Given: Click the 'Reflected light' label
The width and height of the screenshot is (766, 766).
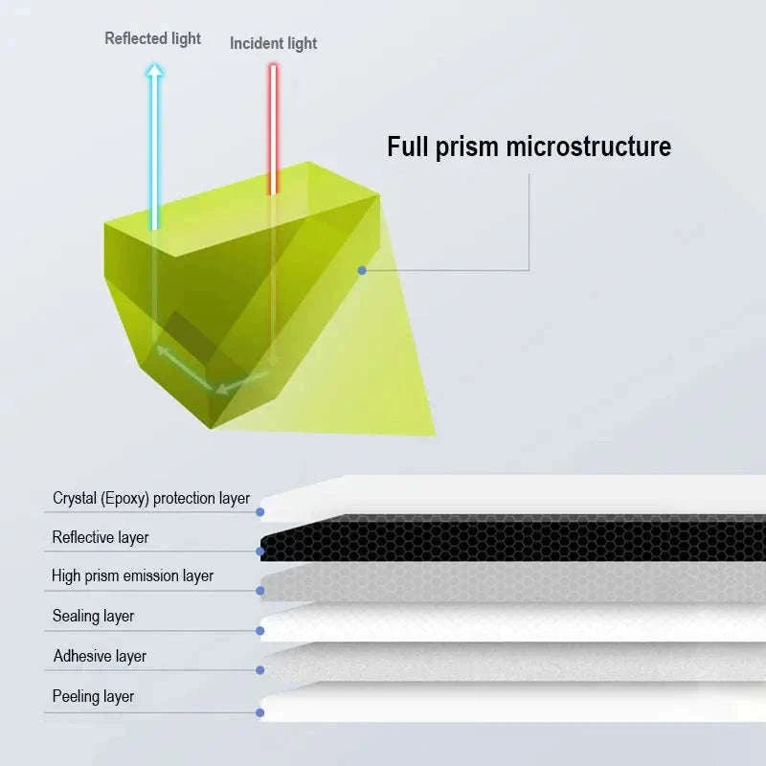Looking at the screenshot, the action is pyautogui.click(x=152, y=38).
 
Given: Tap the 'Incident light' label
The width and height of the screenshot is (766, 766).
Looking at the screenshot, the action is pyautogui.click(x=274, y=43).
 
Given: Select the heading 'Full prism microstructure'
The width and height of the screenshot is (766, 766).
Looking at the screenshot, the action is pyautogui.click(x=529, y=146).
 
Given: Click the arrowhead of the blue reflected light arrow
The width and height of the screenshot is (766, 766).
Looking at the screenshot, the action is pyautogui.click(x=154, y=70).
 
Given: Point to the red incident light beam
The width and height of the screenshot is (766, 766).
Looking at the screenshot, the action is pyautogui.click(x=273, y=129).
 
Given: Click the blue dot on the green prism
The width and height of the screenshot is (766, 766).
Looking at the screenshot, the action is pyautogui.click(x=362, y=270).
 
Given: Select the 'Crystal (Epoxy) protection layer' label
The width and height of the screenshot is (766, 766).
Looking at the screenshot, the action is pyautogui.click(x=151, y=498).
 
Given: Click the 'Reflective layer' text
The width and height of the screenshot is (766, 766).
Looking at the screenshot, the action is pyautogui.click(x=101, y=537).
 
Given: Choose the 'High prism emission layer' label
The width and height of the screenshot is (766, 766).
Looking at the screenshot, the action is pyautogui.click(x=132, y=576).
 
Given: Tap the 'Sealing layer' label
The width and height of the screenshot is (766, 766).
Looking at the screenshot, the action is pyautogui.click(x=93, y=616).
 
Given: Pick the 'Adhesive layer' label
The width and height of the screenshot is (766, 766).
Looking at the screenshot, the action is pyautogui.click(x=100, y=656).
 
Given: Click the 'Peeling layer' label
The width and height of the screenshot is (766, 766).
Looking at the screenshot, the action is pyautogui.click(x=93, y=696).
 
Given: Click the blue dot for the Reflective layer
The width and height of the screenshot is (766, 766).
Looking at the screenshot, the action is pyautogui.click(x=260, y=552).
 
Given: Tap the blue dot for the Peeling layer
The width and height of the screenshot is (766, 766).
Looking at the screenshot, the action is pyautogui.click(x=260, y=712).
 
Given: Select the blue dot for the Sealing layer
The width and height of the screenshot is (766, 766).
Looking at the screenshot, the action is pyautogui.click(x=260, y=631).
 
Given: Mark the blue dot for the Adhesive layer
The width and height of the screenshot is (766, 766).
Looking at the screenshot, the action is pyautogui.click(x=260, y=670).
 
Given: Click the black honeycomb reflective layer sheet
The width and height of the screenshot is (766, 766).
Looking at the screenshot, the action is pyautogui.click(x=513, y=538).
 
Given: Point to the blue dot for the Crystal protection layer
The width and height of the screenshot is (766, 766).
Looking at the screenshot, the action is pyautogui.click(x=260, y=512).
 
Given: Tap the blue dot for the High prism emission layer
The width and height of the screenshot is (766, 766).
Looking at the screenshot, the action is pyautogui.click(x=260, y=591).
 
